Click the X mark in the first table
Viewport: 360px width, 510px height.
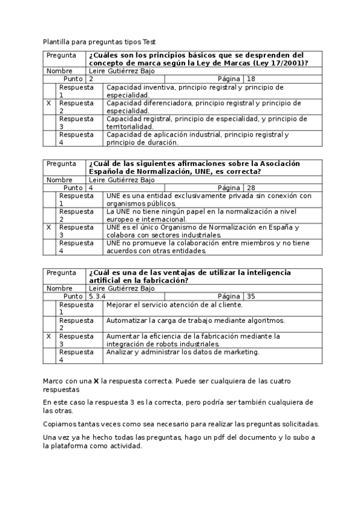click(48, 103)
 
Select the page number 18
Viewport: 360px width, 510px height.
click(251, 79)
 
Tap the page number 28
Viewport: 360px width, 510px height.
click(251, 188)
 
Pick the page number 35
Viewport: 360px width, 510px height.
click(251, 296)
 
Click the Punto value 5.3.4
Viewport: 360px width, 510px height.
click(97, 296)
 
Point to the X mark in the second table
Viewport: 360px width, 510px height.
click(48, 227)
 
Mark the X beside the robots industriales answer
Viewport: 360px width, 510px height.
click(48, 336)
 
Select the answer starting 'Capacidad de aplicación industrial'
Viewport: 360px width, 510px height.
click(197, 139)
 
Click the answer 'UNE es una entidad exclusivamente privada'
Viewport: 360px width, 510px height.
click(209, 200)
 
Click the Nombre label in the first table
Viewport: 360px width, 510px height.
click(59, 71)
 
